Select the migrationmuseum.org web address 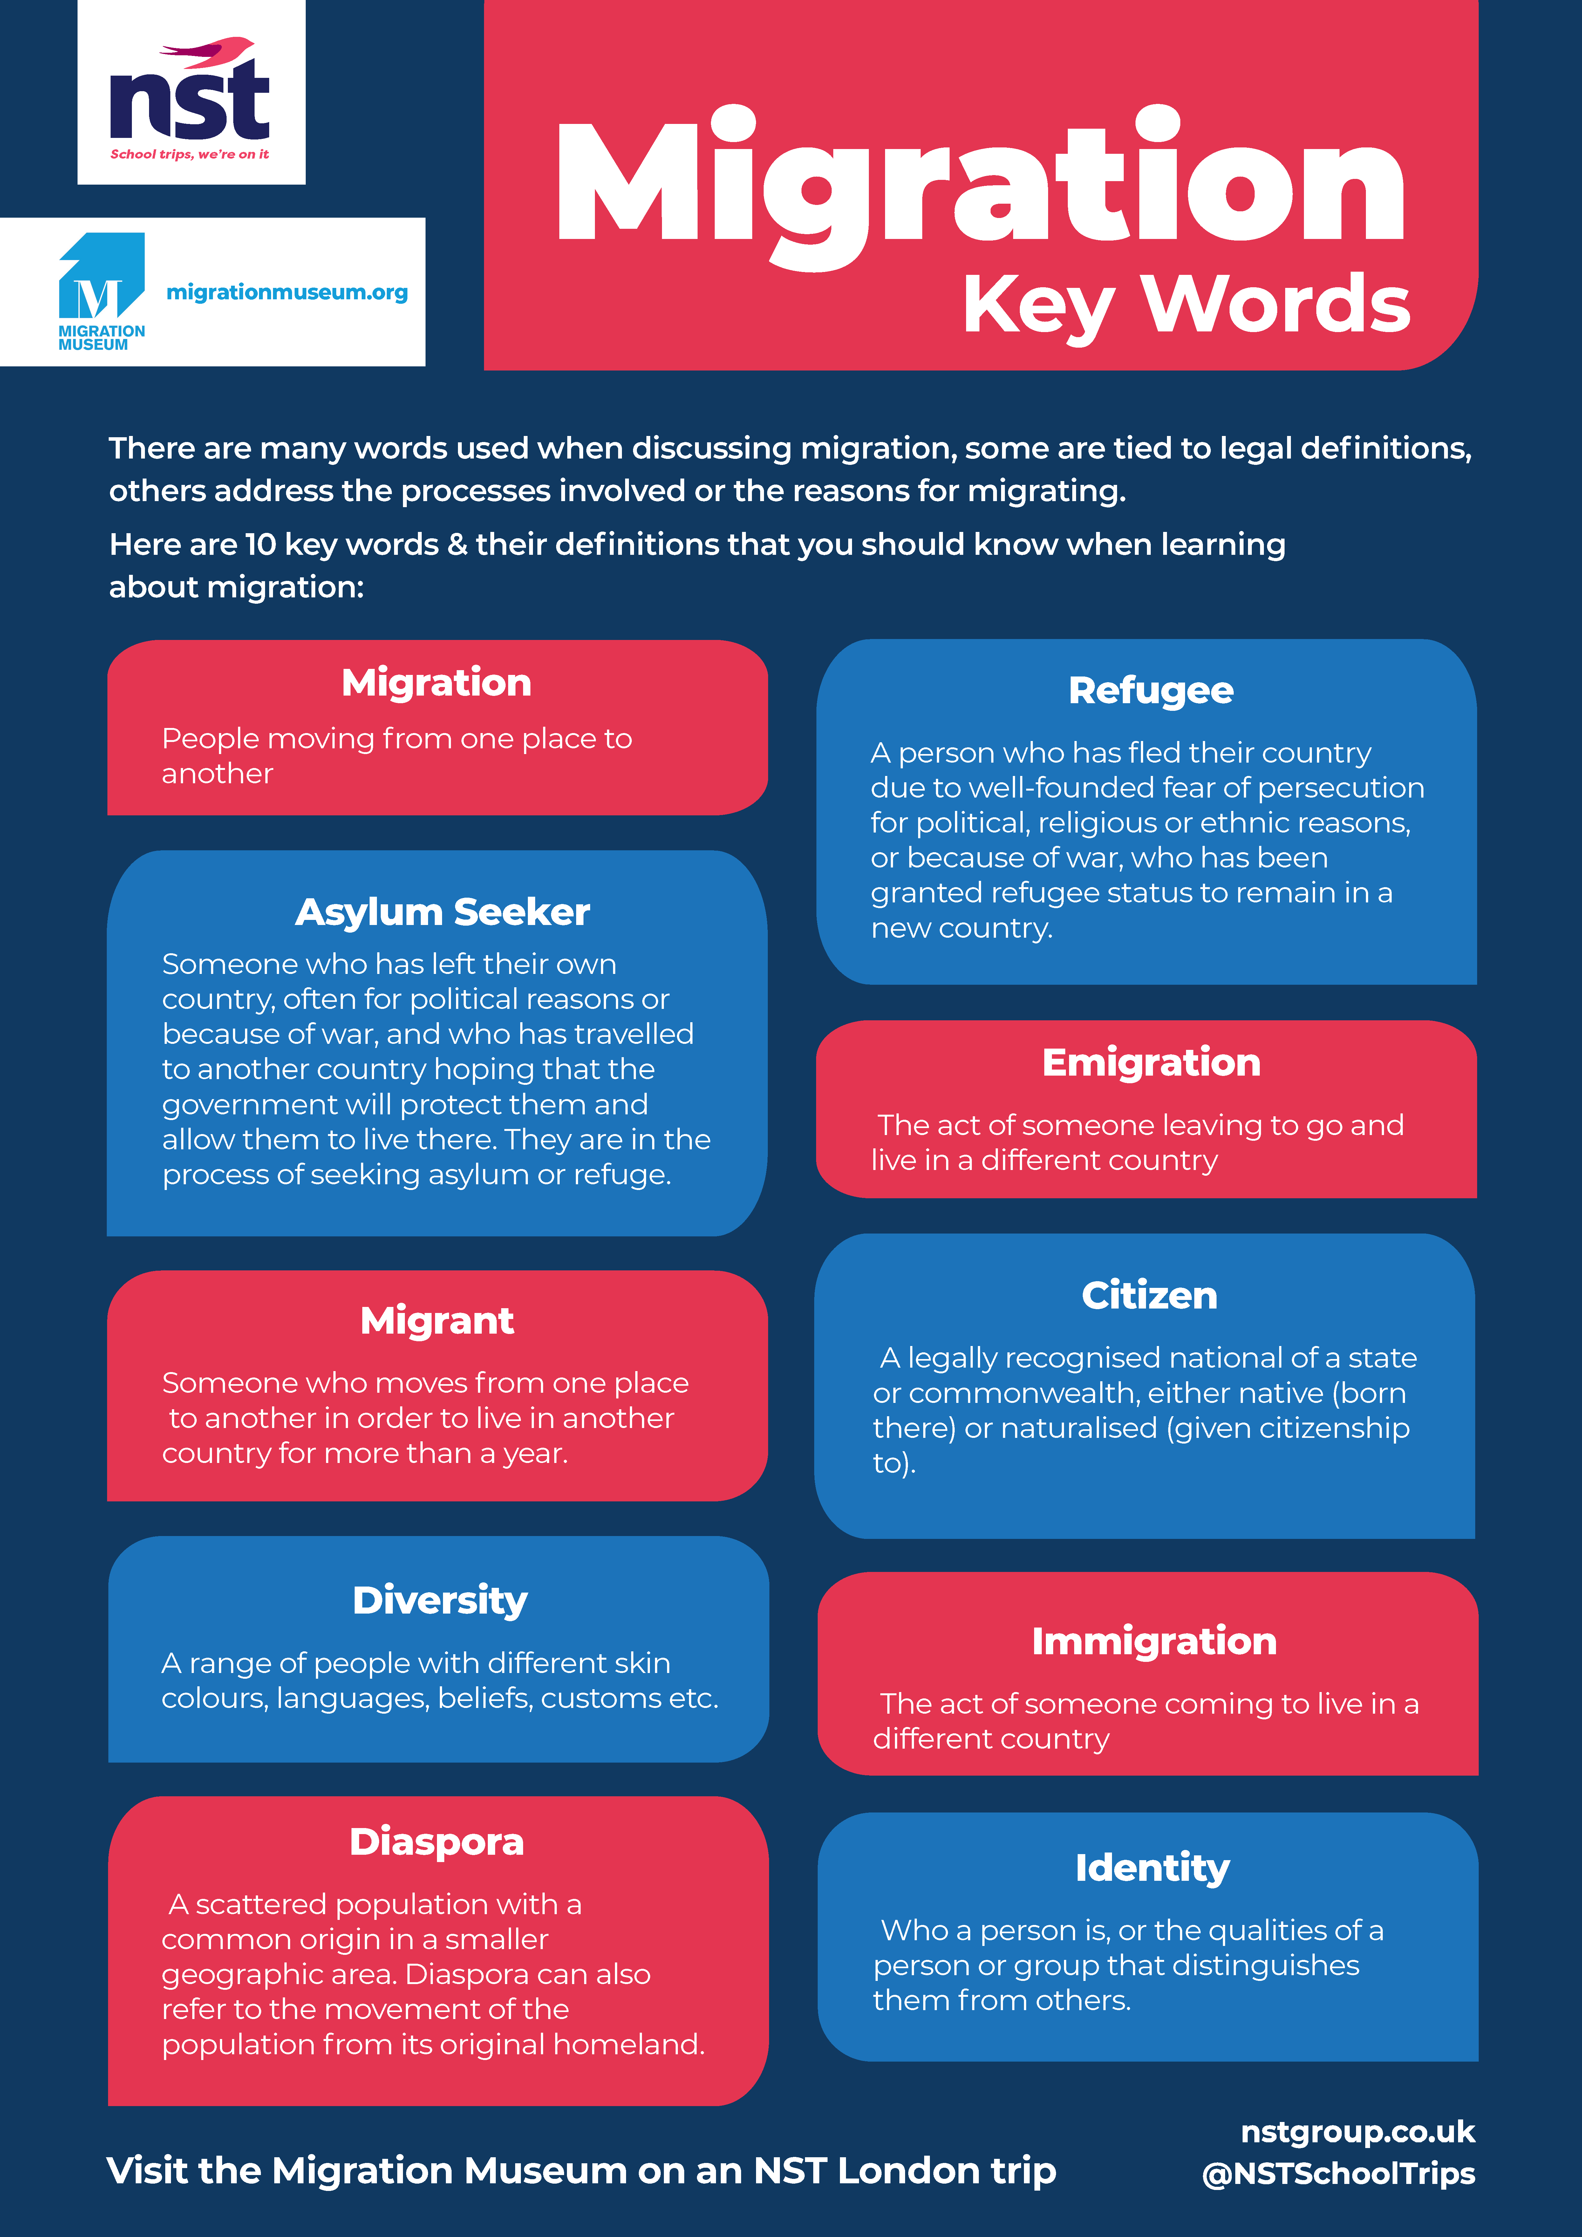point(287,292)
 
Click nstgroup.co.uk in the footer point(1357,2133)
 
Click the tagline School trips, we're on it point(190,154)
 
